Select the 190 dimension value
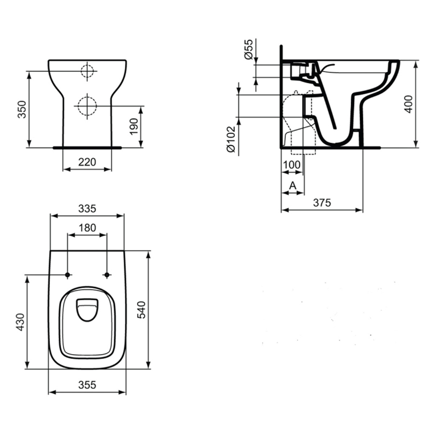134,127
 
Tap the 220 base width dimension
87,162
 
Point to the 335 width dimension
87,208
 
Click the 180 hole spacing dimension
87,228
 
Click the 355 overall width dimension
87,385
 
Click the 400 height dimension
408,104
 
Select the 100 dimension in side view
292,165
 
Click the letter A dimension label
293,186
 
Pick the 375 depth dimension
322,203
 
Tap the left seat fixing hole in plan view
68,276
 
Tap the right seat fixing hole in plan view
107,276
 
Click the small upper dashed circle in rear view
87,71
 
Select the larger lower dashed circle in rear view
87,106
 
